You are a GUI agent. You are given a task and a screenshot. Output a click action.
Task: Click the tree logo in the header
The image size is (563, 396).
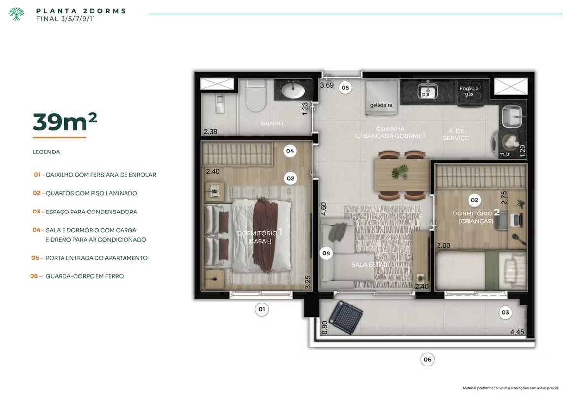pyautogui.click(x=17, y=14)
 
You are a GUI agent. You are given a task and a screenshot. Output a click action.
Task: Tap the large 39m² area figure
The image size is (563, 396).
pyautogui.click(x=65, y=122)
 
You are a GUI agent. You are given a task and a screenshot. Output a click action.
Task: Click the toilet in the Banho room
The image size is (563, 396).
pyautogui.click(x=256, y=95)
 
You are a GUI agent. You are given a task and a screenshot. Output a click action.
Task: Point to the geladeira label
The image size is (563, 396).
pyautogui.click(x=381, y=105)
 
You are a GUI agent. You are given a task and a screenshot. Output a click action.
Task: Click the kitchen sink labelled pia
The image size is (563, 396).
pyautogui.click(x=427, y=91)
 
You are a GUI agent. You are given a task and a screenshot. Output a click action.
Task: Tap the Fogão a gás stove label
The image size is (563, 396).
pyautogui.click(x=469, y=91)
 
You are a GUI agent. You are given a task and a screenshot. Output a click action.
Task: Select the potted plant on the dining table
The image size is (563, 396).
pyautogui.click(x=400, y=172)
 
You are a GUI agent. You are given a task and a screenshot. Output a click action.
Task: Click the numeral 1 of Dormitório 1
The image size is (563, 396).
pyautogui.click(x=281, y=232)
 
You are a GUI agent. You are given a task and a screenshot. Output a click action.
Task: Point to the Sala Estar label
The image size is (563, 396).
pyautogui.click(x=370, y=265)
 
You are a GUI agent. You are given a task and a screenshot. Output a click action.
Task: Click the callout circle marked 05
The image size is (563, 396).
pyautogui.click(x=345, y=87)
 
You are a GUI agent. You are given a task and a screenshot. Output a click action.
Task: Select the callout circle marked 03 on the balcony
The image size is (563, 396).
pyautogui.click(x=505, y=312)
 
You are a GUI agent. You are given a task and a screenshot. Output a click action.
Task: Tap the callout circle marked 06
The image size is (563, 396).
pyautogui.click(x=427, y=360)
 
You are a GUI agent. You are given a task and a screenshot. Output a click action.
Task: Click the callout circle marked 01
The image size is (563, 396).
pyautogui.click(x=262, y=309)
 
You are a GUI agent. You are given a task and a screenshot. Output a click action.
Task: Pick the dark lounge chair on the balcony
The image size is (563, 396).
pyautogui.click(x=344, y=317)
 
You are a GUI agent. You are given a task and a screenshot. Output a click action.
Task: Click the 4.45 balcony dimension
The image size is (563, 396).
pyautogui.click(x=517, y=332)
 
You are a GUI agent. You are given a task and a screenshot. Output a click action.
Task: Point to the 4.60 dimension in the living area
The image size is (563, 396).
pyautogui.click(x=323, y=209)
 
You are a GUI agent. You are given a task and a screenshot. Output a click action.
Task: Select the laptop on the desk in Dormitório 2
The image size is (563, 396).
pyautogui.click(x=515, y=219)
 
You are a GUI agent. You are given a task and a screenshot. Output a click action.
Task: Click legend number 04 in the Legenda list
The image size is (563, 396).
pyautogui.click(x=36, y=230)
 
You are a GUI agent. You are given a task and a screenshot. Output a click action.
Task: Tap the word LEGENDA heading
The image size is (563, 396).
pyautogui.click(x=46, y=152)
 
